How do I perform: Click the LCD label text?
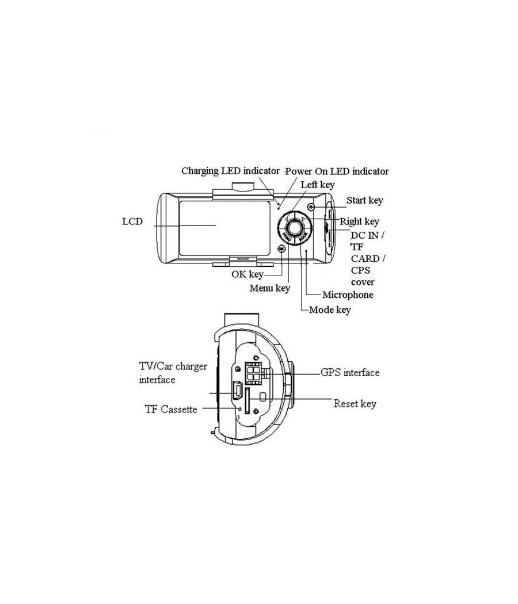coord(132,221)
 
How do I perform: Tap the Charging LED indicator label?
coord(230,171)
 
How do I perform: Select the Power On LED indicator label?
coord(337,171)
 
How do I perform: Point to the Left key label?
coord(318,185)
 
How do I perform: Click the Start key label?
coord(364,200)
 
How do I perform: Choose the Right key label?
coord(360,221)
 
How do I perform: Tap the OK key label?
coord(247,274)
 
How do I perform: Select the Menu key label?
coord(270,288)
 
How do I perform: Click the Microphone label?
coord(348,295)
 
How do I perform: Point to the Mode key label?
coord(330,309)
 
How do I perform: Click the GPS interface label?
coord(350,373)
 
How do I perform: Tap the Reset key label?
coord(355,404)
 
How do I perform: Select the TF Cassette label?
coord(171,409)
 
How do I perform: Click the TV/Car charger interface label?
coord(173,373)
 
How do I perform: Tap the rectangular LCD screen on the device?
coord(224,228)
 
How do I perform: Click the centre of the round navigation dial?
coord(295,228)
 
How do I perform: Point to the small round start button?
coord(311,207)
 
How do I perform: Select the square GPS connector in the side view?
coord(253,373)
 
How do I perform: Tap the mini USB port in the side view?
coord(237,391)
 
